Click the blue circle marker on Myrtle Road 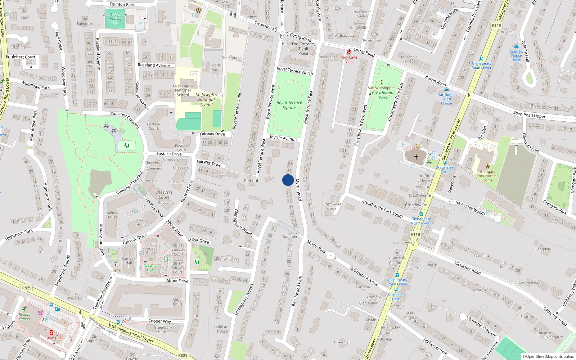pos(288,180)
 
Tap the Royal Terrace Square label pos(289,105)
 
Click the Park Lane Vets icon pos(348,52)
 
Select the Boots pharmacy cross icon pos(51,333)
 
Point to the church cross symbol pos(416,157)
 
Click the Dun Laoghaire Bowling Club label pos(115,19)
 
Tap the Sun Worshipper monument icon pos(381,82)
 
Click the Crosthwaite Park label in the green pos(383,95)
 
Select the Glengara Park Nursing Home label pos(487,176)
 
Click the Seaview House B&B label pos(516,55)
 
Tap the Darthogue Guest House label pos(446,99)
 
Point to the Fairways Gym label pos(150,268)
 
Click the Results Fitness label pos(24,316)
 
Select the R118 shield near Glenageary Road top pos(496,26)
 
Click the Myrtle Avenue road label pos(283,138)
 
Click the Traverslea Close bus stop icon pos(445,163)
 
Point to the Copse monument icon pos(116,265)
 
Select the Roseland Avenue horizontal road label pos(154,65)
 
